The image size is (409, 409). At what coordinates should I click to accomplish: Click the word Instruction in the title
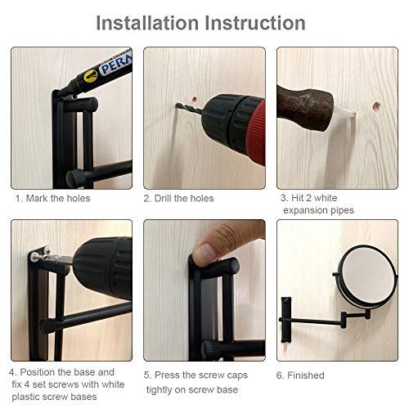(263, 23)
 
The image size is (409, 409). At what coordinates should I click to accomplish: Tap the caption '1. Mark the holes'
(52, 198)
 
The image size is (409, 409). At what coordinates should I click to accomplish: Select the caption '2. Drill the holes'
(178, 198)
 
